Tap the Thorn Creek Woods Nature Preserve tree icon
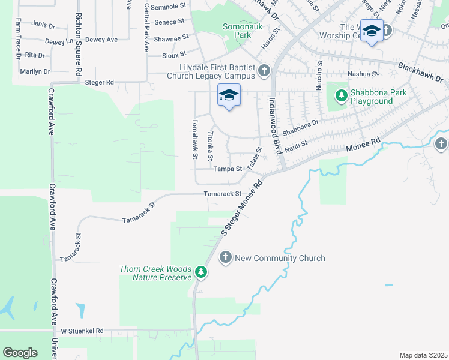point(201,274)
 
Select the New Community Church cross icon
point(226,258)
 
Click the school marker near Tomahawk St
point(229,95)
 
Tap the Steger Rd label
point(100,82)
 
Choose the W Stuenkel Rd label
point(82,331)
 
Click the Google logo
point(20,352)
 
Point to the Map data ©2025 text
point(423,355)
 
